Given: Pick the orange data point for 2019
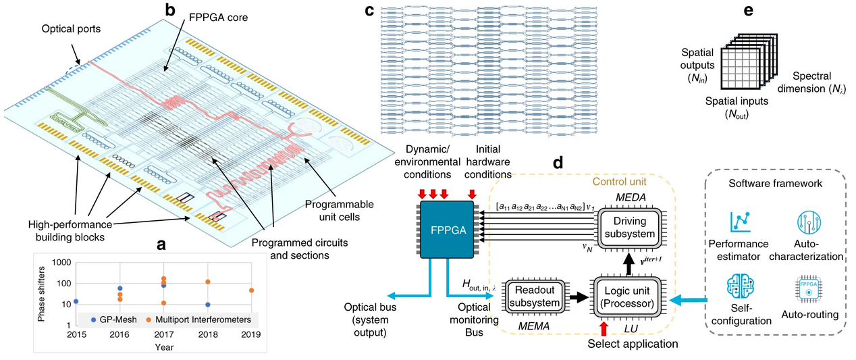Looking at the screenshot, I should (251, 290).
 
